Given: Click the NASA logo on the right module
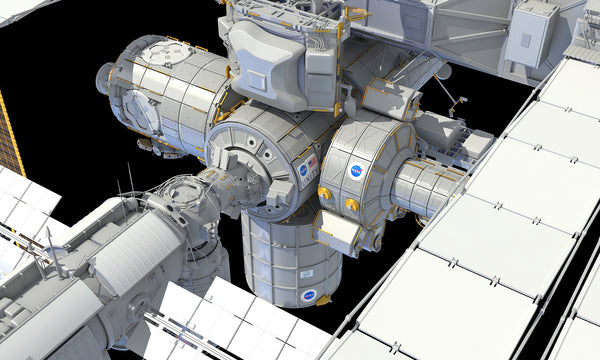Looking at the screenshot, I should click(x=355, y=171).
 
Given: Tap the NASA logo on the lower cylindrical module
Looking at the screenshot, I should click(x=309, y=295).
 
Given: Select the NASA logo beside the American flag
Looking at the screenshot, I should click(x=302, y=171).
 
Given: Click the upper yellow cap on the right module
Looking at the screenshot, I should click(x=325, y=193).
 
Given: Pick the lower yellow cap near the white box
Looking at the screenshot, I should click(x=351, y=205).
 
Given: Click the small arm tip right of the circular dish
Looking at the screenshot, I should click(x=462, y=100).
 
